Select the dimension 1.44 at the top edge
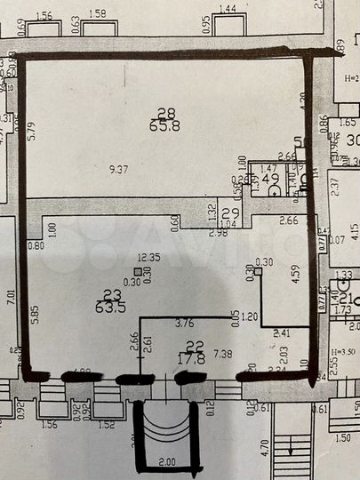(x=227, y=8)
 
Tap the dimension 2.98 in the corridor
(x=219, y=233)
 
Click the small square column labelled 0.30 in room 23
(x=136, y=273)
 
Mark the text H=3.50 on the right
(x=341, y=353)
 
